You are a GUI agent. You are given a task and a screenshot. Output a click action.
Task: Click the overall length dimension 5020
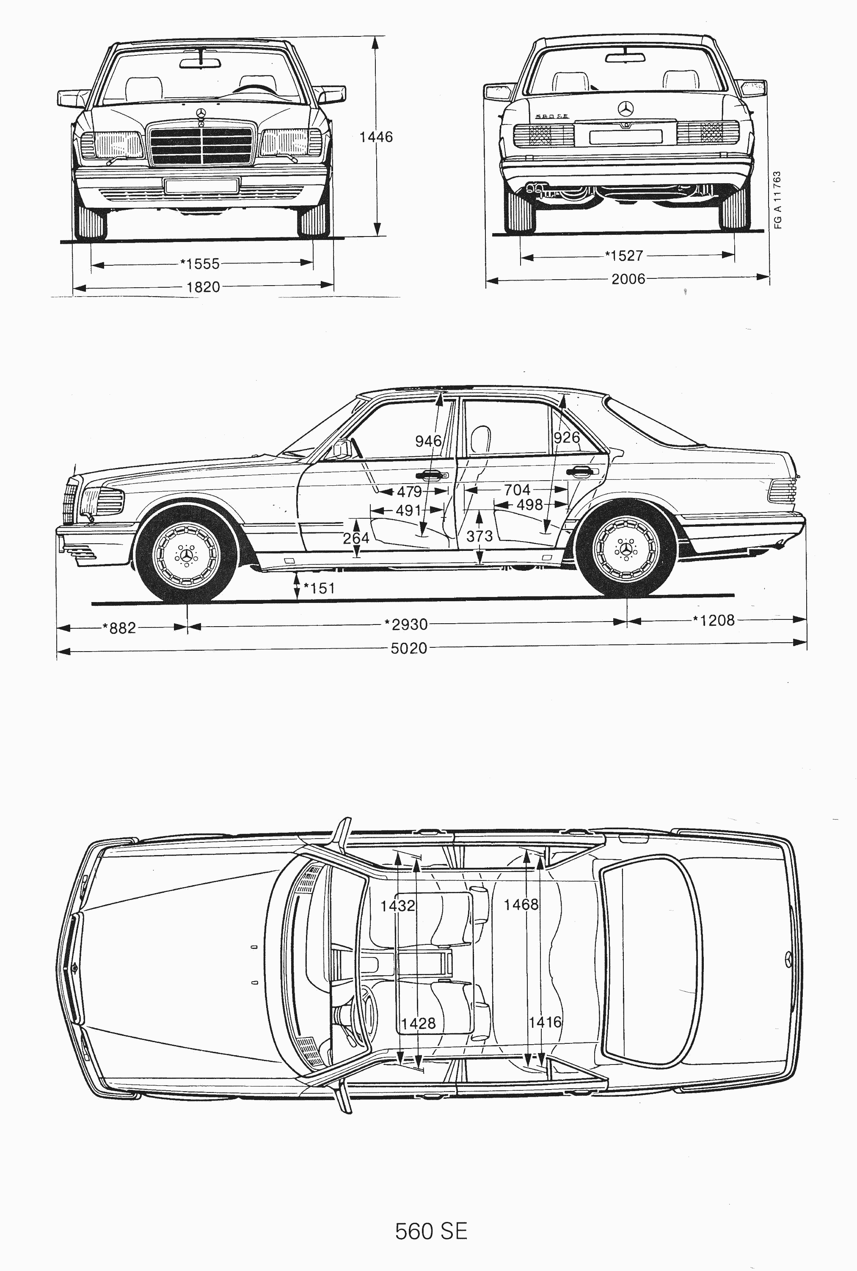click(409, 648)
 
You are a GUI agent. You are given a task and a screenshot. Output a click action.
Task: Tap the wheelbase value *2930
click(406, 624)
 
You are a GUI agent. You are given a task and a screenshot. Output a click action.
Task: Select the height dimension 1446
click(376, 137)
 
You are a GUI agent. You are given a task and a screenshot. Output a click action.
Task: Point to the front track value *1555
click(200, 264)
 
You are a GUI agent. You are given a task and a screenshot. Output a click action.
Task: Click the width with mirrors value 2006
click(628, 279)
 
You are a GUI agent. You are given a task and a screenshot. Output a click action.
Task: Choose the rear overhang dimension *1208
click(714, 620)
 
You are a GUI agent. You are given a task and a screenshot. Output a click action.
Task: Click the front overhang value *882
click(119, 628)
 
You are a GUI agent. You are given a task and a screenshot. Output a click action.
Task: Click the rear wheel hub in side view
click(626, 548)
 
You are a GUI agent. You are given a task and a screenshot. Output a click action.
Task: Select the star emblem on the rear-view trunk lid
click(626, 109)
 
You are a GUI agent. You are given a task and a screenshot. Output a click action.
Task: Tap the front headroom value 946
click(428, 440)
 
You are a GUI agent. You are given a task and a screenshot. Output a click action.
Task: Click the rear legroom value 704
click(516, 490)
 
